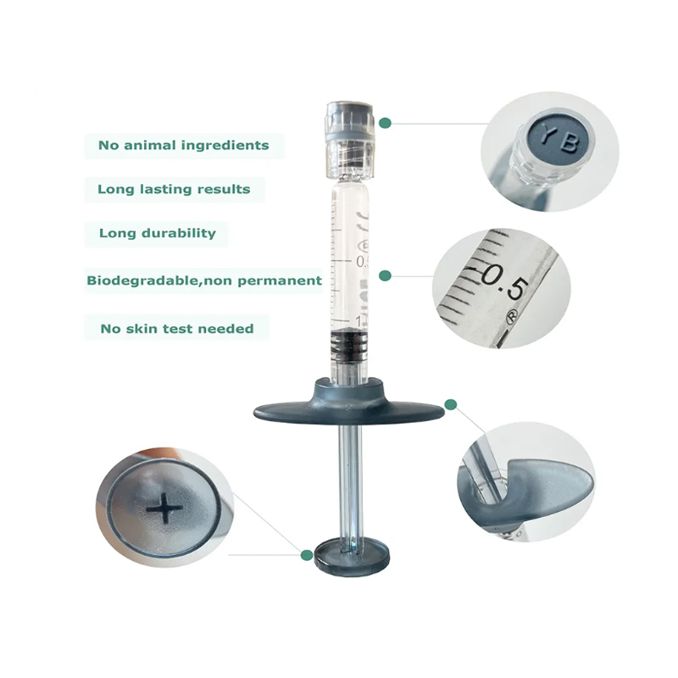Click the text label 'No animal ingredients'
(x=183, y=145)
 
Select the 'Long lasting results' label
(x=174, y=189)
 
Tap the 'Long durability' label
(x=158, y=233)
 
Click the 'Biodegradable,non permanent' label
(x=204, y=280)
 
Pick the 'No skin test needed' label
(x=176, y=328)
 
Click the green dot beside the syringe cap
(x=385, y=123)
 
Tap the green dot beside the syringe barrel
(x=385, y=275)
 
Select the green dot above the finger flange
(x=451, y=404)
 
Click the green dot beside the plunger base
(x=306, y=555)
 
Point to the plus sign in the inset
(x=164, y=508)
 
